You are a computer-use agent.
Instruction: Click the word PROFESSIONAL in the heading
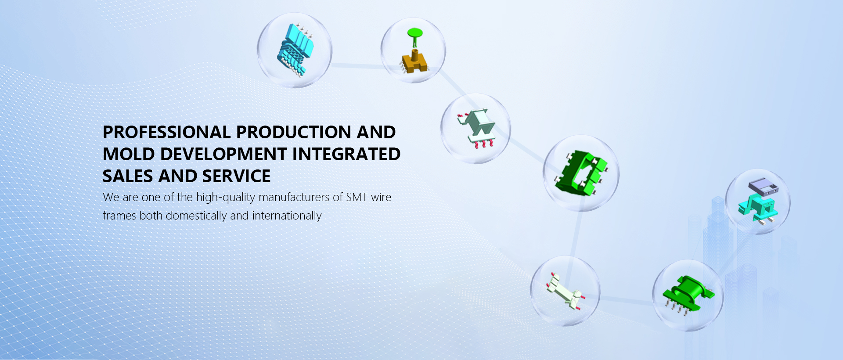coord(167,132)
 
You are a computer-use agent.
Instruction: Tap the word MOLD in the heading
coord(129,154)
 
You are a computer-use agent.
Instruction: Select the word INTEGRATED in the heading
coord(346,154)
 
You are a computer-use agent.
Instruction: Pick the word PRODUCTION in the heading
coord(294,132)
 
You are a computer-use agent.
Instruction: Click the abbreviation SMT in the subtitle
coord(357,197)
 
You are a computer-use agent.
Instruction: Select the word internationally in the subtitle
coord(287,216)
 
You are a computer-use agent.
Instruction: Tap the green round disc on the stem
coord(414,32)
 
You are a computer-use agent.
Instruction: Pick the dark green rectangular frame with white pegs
coord(582,172)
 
